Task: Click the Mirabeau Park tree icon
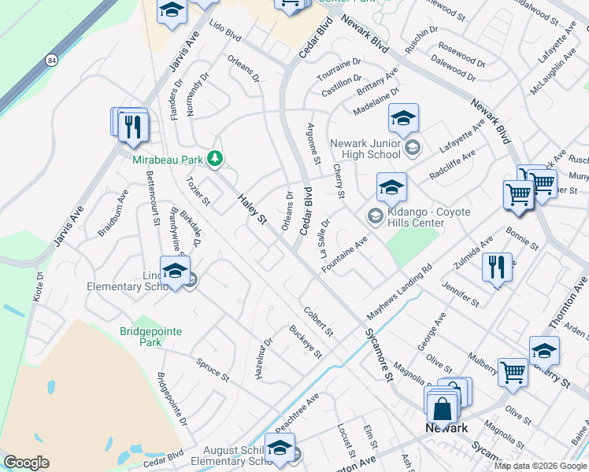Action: (x=214, y=159)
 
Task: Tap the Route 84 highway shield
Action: (x=52, y=60)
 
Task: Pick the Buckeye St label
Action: (x=306, y=341)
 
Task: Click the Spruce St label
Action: (x=213, y=366)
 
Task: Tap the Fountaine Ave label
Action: (x=344, y=255)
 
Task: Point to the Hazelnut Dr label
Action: (x=263, y=359)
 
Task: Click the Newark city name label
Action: (x=446, y=428)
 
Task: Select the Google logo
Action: (x=26, y=463)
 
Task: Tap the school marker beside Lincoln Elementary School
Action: (x=175, y=271)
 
